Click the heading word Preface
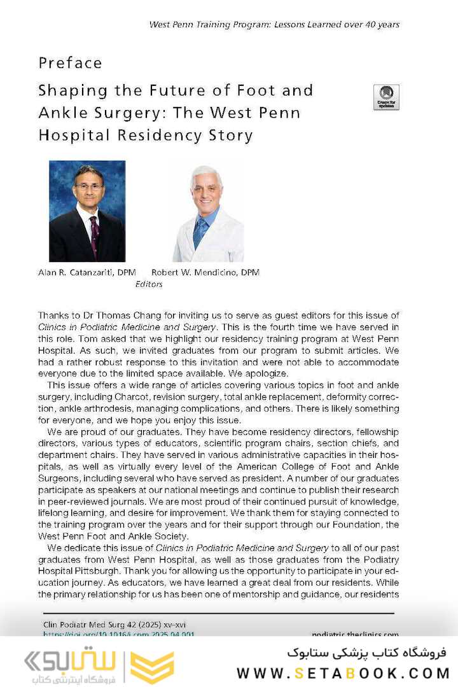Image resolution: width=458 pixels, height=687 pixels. [x=70, y=63]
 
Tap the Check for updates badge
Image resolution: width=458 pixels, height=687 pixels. [x=386, y=97]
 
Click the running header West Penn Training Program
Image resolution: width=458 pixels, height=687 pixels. [x=274, y=24]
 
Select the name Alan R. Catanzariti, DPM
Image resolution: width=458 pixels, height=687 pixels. [x=87, y=272]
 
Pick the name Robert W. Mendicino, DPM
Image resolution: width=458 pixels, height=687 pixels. [x=205, y=272]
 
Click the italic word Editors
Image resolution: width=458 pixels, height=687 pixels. [x=149, y=284]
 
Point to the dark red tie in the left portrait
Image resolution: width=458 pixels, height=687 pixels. [x=94, y=235]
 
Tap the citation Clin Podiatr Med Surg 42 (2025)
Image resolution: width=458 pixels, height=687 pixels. [x=114, y=625]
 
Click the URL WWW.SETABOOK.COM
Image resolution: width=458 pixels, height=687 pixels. [x=343, y=673]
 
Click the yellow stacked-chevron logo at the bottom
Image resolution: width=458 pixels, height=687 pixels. [x=152, y=667]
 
